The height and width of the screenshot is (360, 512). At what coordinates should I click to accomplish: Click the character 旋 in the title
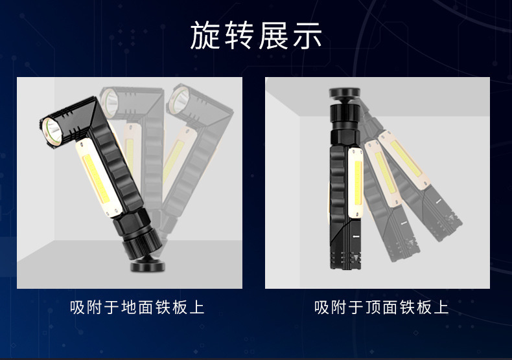coord(204,35)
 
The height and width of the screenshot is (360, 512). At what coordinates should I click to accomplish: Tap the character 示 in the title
coord(307,35)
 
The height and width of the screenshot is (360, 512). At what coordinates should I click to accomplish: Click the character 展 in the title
coord(273,35)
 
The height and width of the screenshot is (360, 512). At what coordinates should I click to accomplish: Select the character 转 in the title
coord(239,35)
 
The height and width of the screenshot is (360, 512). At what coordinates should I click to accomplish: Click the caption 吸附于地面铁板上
coord(137,307)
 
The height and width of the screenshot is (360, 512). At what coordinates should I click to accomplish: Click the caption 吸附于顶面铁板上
coord(381,307)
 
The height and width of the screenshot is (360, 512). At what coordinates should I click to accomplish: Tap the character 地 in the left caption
coord(129,307)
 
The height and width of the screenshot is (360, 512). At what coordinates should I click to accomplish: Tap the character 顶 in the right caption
coord(373,307)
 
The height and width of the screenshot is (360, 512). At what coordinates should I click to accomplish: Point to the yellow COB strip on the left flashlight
coord(97,179)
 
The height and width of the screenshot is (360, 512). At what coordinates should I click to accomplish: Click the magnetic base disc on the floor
coord(148,265)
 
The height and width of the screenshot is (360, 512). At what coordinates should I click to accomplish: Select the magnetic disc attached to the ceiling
coord(345,93)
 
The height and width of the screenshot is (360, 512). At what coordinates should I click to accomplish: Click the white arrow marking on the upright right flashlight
coord(356,237)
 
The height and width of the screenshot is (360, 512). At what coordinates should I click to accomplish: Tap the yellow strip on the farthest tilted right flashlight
coord(406,159)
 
